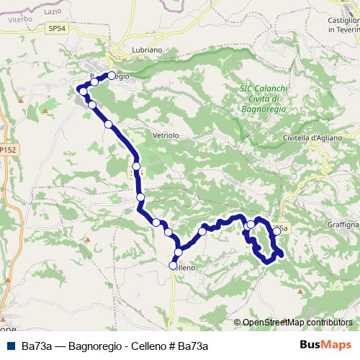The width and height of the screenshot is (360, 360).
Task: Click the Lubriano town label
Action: [x=129, y=50]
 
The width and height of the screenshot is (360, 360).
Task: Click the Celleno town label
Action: [x=185, y=266]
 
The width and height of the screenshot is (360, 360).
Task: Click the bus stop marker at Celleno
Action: [x=174, y=266]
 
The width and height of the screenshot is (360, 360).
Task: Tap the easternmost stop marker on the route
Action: [x=276, y=232]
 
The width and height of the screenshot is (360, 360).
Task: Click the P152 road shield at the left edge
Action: [x=8, y=148]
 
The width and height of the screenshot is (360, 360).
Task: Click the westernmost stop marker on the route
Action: [x=84, y=91]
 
